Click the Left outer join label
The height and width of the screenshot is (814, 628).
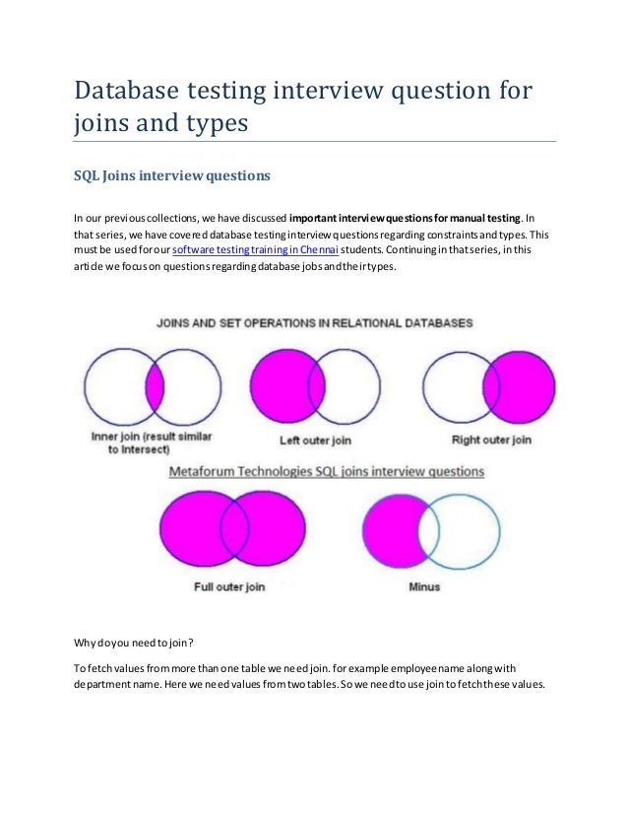pos(315,440)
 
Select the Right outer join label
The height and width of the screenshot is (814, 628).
pos(491,440)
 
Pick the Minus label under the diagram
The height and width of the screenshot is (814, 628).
pos(423,587)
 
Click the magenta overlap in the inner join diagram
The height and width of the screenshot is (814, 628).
pos(155,386)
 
